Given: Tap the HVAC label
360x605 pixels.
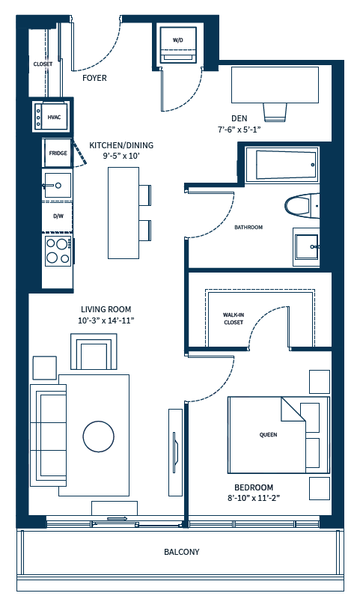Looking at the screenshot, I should click(54, 118).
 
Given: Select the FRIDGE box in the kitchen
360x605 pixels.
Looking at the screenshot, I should click(58, 153).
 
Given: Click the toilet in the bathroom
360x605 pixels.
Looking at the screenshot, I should click(301, 205).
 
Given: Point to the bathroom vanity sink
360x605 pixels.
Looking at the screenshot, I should click(306, 246).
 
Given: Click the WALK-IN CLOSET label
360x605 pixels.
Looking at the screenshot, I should click(234, 319).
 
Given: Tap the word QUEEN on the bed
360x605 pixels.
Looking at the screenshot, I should click(268, 434).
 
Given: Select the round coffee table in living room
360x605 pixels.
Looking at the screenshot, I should click(100, 436).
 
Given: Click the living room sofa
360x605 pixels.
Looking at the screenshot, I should click(47, 435).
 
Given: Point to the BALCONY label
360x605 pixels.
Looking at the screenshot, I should click(182, 553).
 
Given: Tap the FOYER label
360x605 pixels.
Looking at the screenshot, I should click(94, 78).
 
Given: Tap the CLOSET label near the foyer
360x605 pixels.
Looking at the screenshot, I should click(43, 64).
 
